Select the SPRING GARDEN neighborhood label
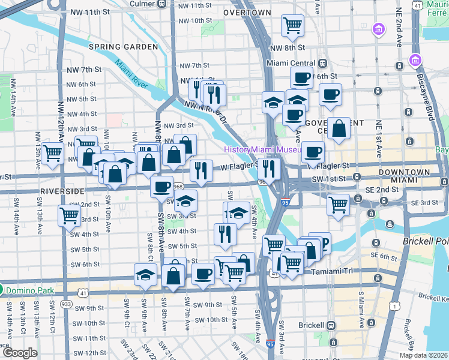115,47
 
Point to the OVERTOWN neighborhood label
248,12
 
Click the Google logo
19,353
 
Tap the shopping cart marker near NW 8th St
292,25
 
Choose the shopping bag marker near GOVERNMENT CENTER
339,128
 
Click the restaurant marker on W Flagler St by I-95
268,169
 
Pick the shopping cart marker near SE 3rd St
339,205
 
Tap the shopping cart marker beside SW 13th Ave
70,215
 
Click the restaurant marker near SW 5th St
224,233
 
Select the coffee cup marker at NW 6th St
301,77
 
